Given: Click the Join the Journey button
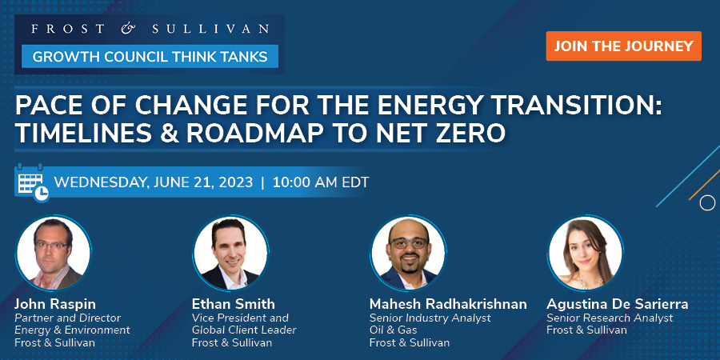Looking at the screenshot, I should (623, 46).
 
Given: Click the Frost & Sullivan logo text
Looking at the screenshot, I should (149, 30).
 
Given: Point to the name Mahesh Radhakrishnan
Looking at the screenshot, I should (448, 304).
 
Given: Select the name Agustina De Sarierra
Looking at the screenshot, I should (617, 304).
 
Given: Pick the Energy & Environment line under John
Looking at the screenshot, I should (72, 330).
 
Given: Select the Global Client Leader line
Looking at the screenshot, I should (244, 330).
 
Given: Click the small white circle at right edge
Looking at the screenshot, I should (707, 203).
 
